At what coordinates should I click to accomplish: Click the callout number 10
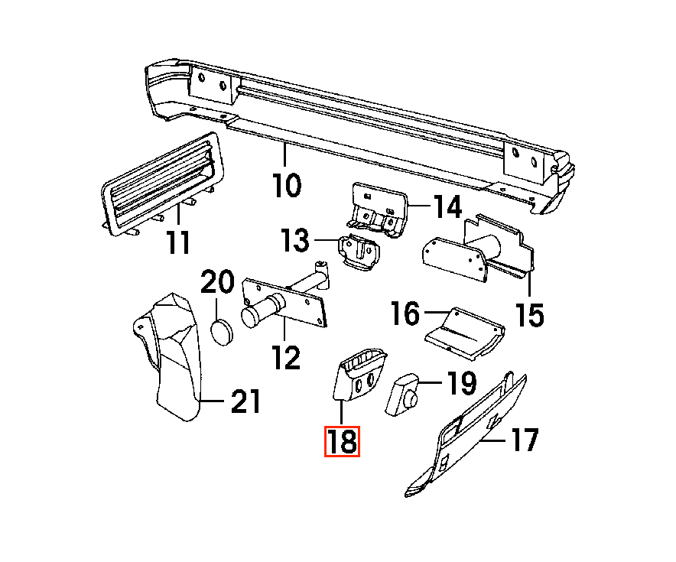coord(287,185)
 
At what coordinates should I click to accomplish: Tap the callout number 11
coord(178,242)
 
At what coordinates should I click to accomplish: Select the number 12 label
coord(287,357)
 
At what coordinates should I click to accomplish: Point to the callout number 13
coord(295,239)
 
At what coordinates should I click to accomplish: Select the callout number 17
coord(525,440)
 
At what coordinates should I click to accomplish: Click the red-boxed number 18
coord(342,441)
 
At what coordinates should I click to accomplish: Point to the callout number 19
coord(461,383)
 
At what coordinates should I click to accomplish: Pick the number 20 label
coord(217,282)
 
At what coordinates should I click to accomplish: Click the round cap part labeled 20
coord(222,333)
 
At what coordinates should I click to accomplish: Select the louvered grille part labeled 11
coord(161,184)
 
